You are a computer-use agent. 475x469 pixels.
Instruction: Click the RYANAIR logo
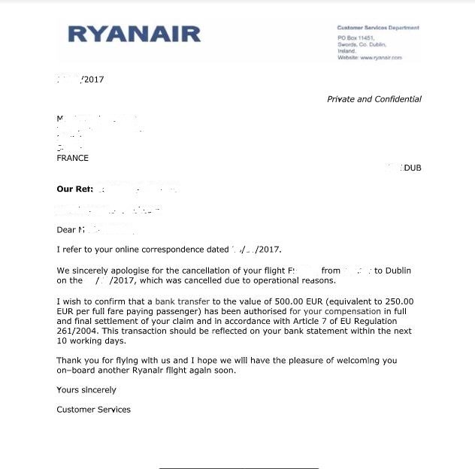point(135,34)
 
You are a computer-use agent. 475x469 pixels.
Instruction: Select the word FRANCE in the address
point(72,158)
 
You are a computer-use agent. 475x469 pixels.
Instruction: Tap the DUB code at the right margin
point(413,168)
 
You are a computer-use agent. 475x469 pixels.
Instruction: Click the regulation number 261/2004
point(77,321)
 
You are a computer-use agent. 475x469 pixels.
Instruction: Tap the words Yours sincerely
point(86,390)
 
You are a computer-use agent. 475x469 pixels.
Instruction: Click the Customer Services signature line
point(93,410)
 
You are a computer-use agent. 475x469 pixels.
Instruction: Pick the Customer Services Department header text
point(378,28)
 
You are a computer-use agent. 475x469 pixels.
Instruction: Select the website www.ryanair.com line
point(370,58)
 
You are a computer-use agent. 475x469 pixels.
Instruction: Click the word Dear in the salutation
point(66,230)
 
